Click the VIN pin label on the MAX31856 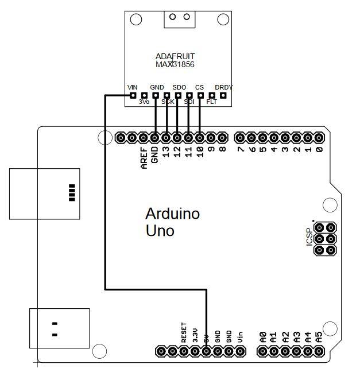point(132,87)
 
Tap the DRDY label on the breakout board point(223,87)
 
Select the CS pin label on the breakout point(199,87)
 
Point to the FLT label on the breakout point(212,102)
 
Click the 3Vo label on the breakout point(144,102)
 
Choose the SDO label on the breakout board point(179,87)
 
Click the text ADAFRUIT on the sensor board point(175,56)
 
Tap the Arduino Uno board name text point(172,222)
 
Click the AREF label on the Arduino point(144,159)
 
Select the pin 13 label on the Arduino point(166,153)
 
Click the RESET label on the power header point(184,332)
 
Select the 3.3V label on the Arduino point(195,334)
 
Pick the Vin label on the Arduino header point(240,336)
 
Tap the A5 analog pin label point(319,336)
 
